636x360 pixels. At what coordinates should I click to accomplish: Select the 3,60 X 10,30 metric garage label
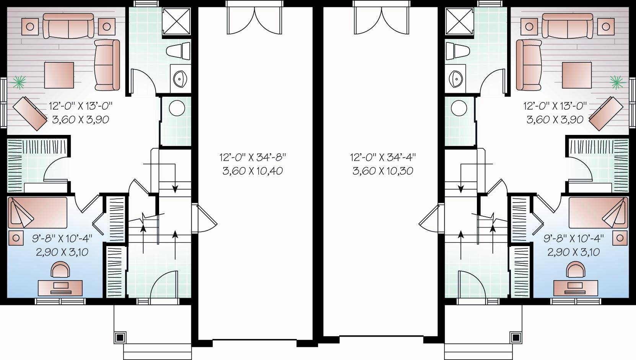(383, 171)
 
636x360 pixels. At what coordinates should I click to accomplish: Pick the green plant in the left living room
(18, 81)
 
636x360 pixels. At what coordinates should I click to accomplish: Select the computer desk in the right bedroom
(573, 287)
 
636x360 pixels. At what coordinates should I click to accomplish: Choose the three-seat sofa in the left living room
(68, 26)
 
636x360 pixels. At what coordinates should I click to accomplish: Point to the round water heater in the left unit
(177, 108)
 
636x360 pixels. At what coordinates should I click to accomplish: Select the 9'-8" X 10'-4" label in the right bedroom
(574, 238)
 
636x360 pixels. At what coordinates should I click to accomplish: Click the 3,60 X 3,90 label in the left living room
(80, 120)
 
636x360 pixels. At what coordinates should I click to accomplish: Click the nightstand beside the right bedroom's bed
(620, 238)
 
